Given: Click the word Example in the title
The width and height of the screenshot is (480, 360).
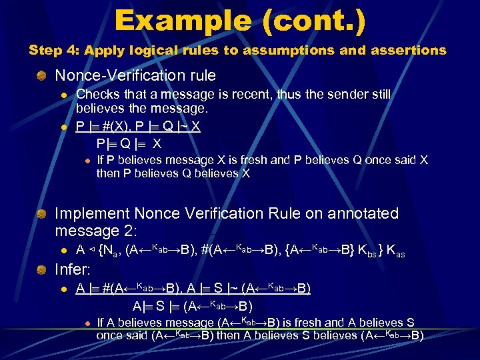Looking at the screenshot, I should click(x=180, y=21).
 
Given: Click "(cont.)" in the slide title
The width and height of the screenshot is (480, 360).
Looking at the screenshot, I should click(x=313, y=21).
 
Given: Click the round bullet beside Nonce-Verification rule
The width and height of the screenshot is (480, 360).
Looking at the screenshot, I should click(x=42, y=77).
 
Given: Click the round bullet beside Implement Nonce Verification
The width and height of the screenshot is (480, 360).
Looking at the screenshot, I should click(x=42, y=214).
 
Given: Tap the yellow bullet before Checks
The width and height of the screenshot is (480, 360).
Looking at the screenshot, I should click(x=64, y=96).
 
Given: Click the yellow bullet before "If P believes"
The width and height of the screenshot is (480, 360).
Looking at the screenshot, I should click(x=87, y=161).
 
